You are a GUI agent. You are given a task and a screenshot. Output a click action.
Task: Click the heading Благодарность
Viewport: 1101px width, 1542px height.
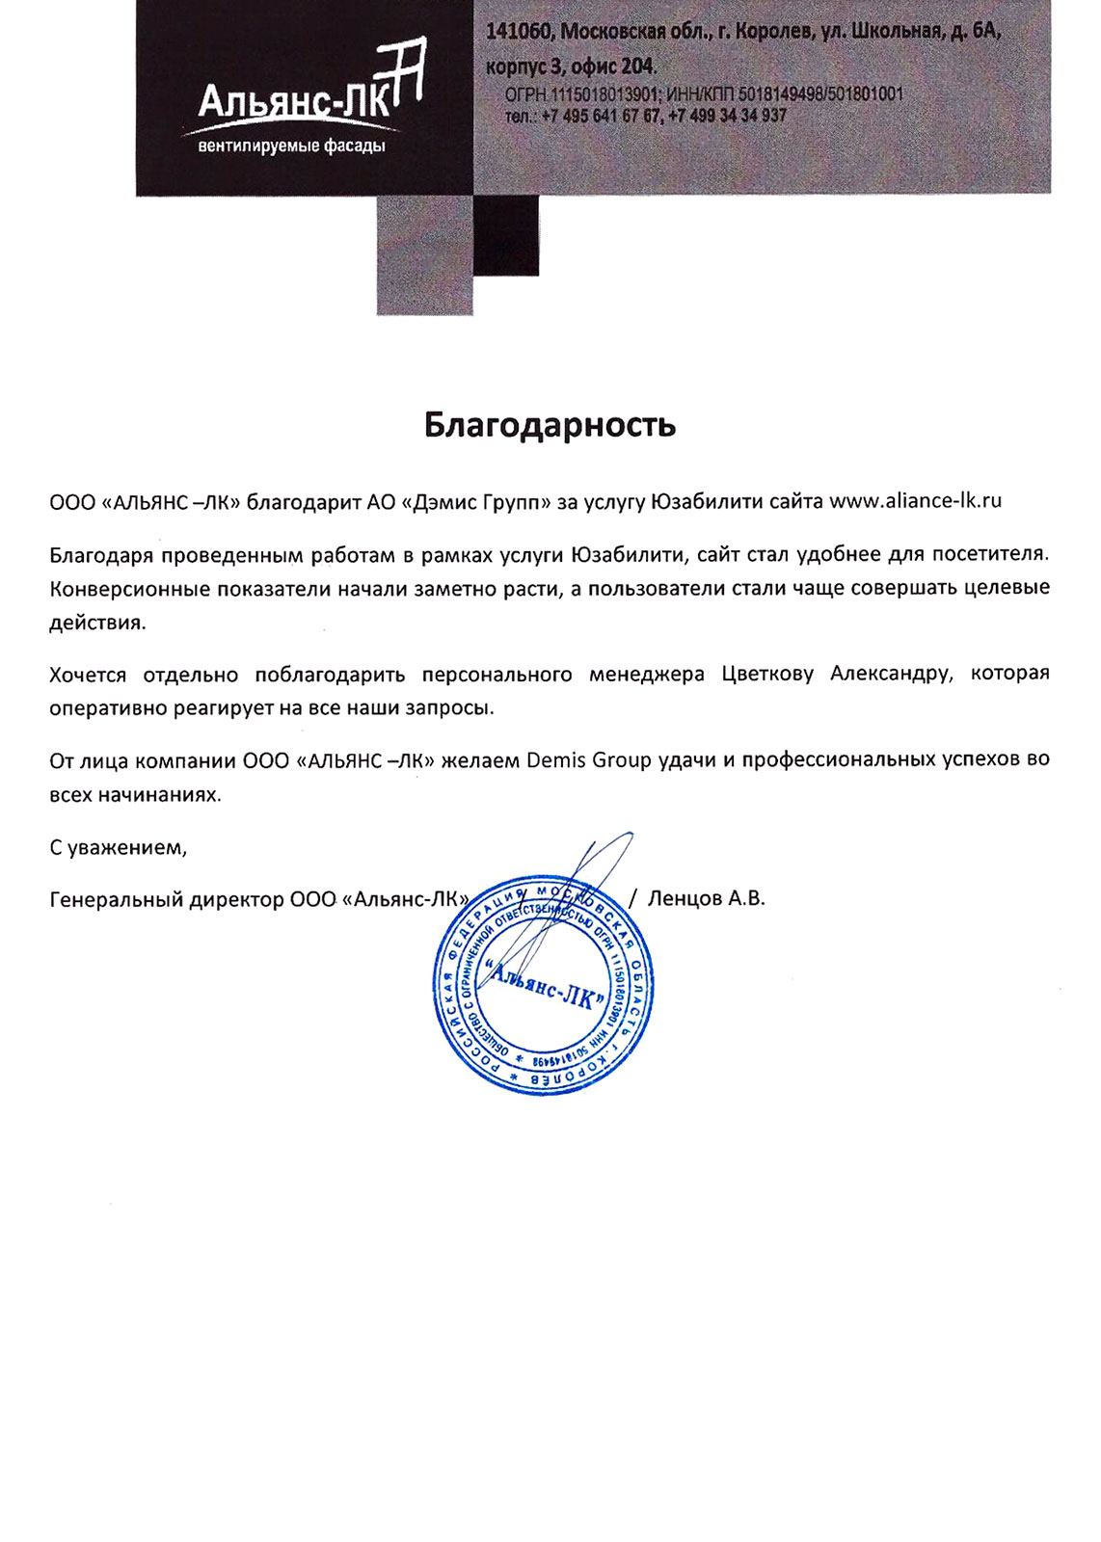pyautogui.click(x=550, y=425)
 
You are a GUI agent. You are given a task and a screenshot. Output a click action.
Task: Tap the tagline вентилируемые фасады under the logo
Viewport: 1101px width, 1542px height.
pyautogui.click(x=291, y=146)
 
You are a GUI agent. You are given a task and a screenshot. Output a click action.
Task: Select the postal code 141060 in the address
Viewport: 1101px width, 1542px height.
pyautogui.click(x=519, y=32)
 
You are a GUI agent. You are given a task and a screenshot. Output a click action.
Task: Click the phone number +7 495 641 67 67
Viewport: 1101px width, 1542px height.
pyautogui.click(x=602, y=116)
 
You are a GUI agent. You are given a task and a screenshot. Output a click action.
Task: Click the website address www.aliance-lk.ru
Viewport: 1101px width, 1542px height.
pyautogui.click(x=915, y=500)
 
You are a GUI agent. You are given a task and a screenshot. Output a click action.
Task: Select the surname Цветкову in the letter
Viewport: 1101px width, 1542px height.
pyautogui.click(x=767, y=674)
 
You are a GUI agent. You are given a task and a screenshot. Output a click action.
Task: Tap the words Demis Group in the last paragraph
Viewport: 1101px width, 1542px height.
pyautogui.click(x=589, y=760)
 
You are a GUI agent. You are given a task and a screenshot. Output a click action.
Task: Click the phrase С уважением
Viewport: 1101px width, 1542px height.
pyautogui.click(x=118, y=848)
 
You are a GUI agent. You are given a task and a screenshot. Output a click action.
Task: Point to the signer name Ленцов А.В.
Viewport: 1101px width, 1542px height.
pyautogui.click(x=706, y=899)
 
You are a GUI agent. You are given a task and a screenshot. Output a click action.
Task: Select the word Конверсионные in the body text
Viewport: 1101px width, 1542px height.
pyautogui.click(x=129, y=588)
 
